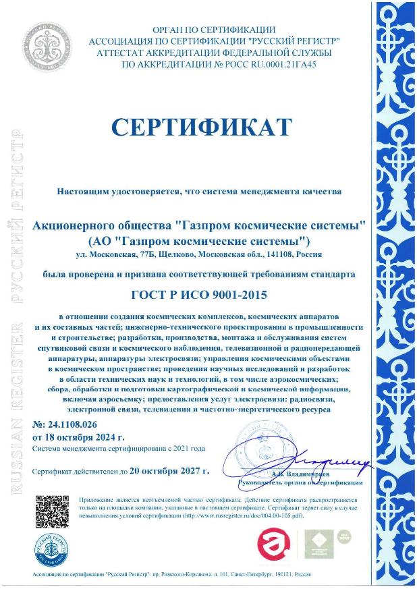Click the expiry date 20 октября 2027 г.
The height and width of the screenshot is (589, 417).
click(x=172, y=470)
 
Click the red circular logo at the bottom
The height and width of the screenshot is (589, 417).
click(x=276, y=542)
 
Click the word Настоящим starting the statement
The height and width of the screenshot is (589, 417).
click(x=81, y=192)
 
